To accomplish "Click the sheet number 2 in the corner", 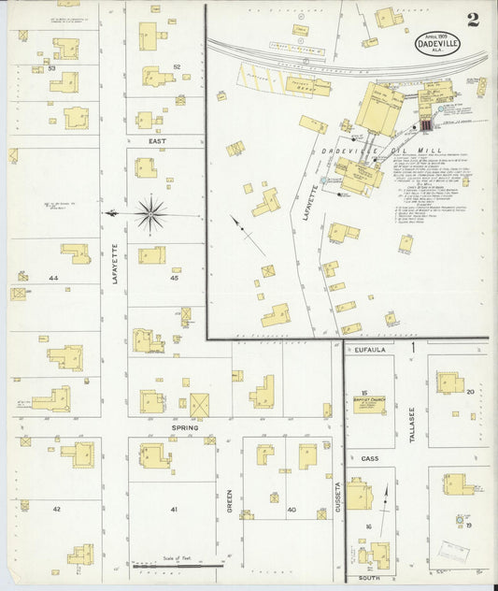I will click(473, 19).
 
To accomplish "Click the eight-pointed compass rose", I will click(150, 214).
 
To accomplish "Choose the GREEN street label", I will click(230, 502).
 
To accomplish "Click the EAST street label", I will click(156, 140).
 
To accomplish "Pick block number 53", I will click(52, 68).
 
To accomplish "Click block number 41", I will click(174, 509).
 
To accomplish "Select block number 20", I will click(471, 392).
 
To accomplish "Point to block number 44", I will click(53, 279).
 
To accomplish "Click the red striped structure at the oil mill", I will click(426, 123).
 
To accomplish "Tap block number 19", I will click(470, 525).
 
